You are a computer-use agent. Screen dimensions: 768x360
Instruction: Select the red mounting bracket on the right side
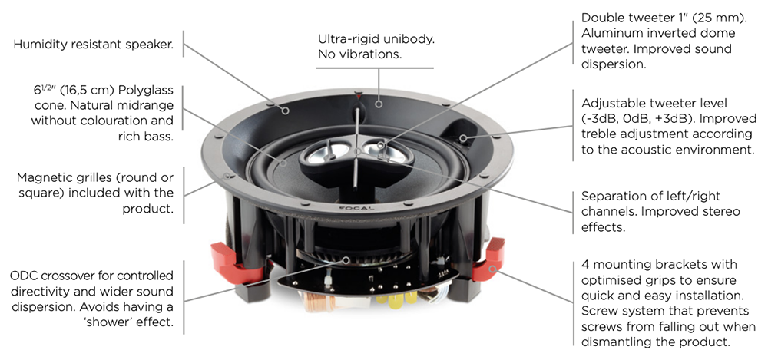tap(488, 260)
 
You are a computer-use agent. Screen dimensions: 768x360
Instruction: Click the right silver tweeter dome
tap(381, 149)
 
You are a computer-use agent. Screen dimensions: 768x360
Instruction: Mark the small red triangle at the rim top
tap(359, 97)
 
